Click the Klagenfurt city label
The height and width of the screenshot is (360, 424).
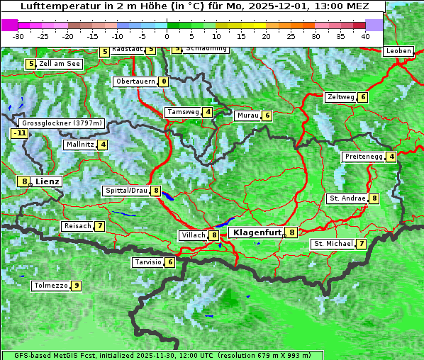[255, 232]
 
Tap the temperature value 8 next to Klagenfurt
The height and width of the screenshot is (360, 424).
[291, 232]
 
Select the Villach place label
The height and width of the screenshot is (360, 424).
[193, 235]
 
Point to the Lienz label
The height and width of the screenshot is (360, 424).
[48, 181]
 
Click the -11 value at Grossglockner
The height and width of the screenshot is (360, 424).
[20, 133]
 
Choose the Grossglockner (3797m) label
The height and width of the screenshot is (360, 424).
[63, 123]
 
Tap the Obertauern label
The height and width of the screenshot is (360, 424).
[135, 81]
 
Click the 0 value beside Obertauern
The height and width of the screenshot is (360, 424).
[164, 81]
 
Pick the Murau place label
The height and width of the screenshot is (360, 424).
[247, 116]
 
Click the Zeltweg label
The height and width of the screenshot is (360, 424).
[340, 97]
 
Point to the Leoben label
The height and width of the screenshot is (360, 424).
[398, 51]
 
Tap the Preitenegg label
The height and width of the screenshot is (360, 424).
[364, 157]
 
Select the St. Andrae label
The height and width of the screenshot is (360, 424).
[347, 198]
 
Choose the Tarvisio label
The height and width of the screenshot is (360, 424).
[148, 262]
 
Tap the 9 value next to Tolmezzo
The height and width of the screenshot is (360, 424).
[76, 286]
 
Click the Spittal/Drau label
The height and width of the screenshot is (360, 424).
[126, 191]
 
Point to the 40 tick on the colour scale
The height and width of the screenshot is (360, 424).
[365, 35]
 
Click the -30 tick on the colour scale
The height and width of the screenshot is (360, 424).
[18, 35]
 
